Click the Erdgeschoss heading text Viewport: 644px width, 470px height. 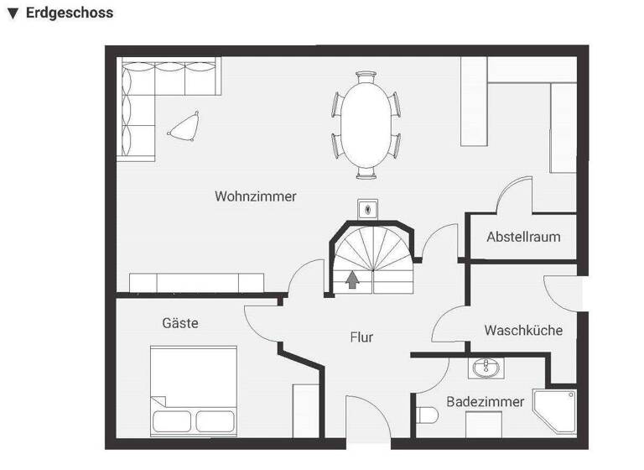tap(70, 13)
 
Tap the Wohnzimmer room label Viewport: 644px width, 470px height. tap(256, 196)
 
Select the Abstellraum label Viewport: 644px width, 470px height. tap(523, 237)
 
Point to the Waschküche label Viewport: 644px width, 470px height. tap(523, 330)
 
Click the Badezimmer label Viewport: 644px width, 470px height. tap(485, 402)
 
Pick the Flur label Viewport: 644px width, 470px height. tap(361, 337)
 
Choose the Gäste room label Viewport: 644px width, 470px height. tap(180, 322)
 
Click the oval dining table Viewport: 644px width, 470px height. tap(366, 124)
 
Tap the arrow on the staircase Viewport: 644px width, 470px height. tap(353, 280)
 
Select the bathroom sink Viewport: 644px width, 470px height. tap(485, 368)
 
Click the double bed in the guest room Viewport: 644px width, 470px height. tap(193, 388)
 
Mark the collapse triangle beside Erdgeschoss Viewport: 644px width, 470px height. tap(13, 14)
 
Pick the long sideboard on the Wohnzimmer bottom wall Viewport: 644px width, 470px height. tap(197, 282)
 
